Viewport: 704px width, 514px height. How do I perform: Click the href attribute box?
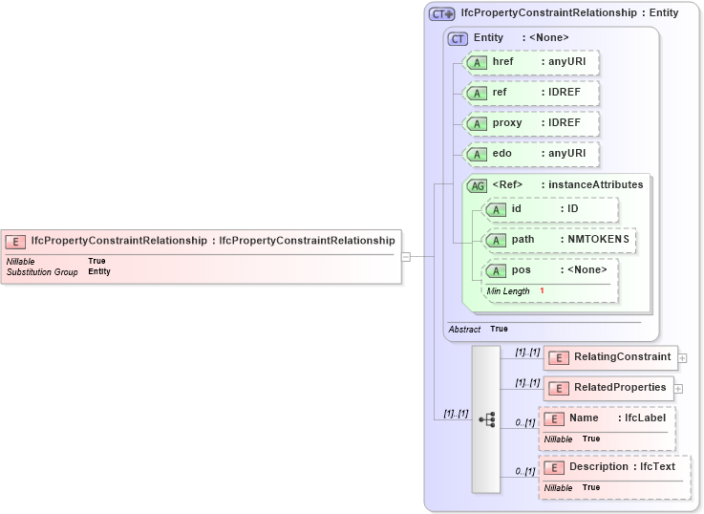(x=530, y=62)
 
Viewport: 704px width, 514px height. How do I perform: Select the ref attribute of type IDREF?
(x=530, y=93)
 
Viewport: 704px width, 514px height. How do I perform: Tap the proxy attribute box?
(x=530, y=123)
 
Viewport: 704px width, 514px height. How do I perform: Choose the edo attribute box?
(x=530, y=154)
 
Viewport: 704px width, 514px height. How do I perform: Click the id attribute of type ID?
(x=550, y=209)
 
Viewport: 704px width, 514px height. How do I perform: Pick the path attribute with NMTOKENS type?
(x=559, y=240)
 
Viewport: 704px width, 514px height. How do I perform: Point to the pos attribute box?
(x=549, y=270)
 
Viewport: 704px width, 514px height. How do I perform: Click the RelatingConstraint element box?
(x=610, y=357)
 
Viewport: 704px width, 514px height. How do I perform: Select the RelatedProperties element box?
(x=608, y=388)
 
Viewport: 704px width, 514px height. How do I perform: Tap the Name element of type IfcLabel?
(x=607, y=418)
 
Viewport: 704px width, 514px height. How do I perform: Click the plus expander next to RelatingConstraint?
(x=683, y=358)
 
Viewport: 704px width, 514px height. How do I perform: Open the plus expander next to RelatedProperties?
(x=679, y=389)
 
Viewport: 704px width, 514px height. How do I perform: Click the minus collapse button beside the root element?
(x=406, y=256)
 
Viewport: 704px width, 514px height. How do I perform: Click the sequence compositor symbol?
(x=486, y=419)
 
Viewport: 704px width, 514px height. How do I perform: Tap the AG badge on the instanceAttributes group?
(x=477, y=185)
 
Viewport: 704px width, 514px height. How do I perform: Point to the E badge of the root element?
(x=15, y=242)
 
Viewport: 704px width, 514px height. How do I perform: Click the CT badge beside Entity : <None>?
(x=459, y=38)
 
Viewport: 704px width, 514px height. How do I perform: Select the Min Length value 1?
(x=542, y=290)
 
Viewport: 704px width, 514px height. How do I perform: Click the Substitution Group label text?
(x=42, y=272)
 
